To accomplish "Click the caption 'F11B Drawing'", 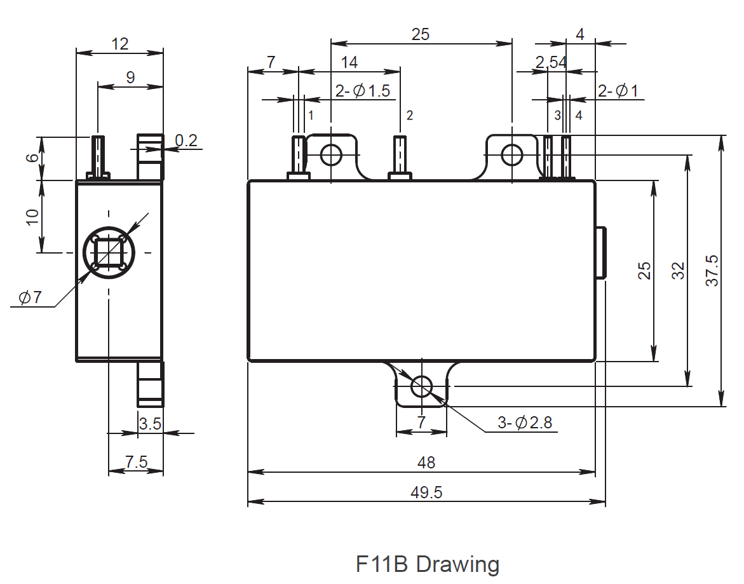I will click(428, 564).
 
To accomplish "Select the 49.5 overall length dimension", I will click(426, 492).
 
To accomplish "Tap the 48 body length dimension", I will click(426, 463).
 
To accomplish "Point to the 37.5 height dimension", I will click(712, 270).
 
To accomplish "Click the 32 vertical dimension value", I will click(678, 270).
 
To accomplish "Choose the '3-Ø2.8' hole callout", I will click(524, 423).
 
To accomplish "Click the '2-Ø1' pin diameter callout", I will click(618, 91).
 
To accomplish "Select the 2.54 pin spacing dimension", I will click(550, 62).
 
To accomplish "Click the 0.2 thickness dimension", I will click(186, 140).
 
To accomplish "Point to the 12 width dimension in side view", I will click(119, 44).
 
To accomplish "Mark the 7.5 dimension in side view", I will click(136, 462).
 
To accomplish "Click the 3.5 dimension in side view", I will click(150, 424).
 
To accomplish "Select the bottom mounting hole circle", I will click(422, 386).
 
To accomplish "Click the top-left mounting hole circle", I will click(331, 154).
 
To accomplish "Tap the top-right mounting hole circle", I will click(512, 154).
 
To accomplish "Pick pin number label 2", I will click(410, 115).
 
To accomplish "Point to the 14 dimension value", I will click(349, 62).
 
